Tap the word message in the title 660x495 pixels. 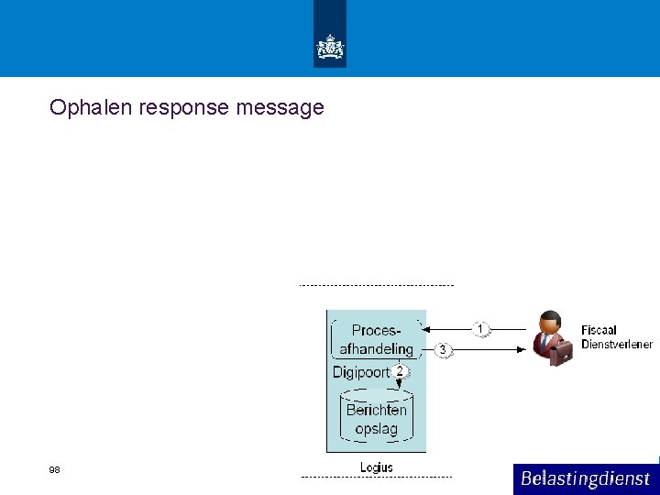[x=280, y=108]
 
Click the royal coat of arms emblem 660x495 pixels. [x=330, y=46]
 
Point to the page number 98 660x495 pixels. [x=54, y=469]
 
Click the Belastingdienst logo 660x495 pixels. [x=585, y=478]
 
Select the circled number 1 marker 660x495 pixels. [x=481, y=328]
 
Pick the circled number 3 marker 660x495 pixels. [x=443, y=350]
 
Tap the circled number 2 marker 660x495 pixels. [x=399, y=371]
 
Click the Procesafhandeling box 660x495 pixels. [x=377, y=339]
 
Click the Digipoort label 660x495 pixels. [x=360, y=372]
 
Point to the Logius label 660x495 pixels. [x=376, y=467]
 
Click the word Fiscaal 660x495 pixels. [x=599, y=330]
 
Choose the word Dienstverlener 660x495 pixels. [x=617, y=345]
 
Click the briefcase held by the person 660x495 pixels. [x=561, y=353]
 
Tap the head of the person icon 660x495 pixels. [x=550, y=323]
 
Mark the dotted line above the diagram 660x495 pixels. [x=376, y=285]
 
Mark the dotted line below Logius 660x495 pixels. [x=376, y=478]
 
